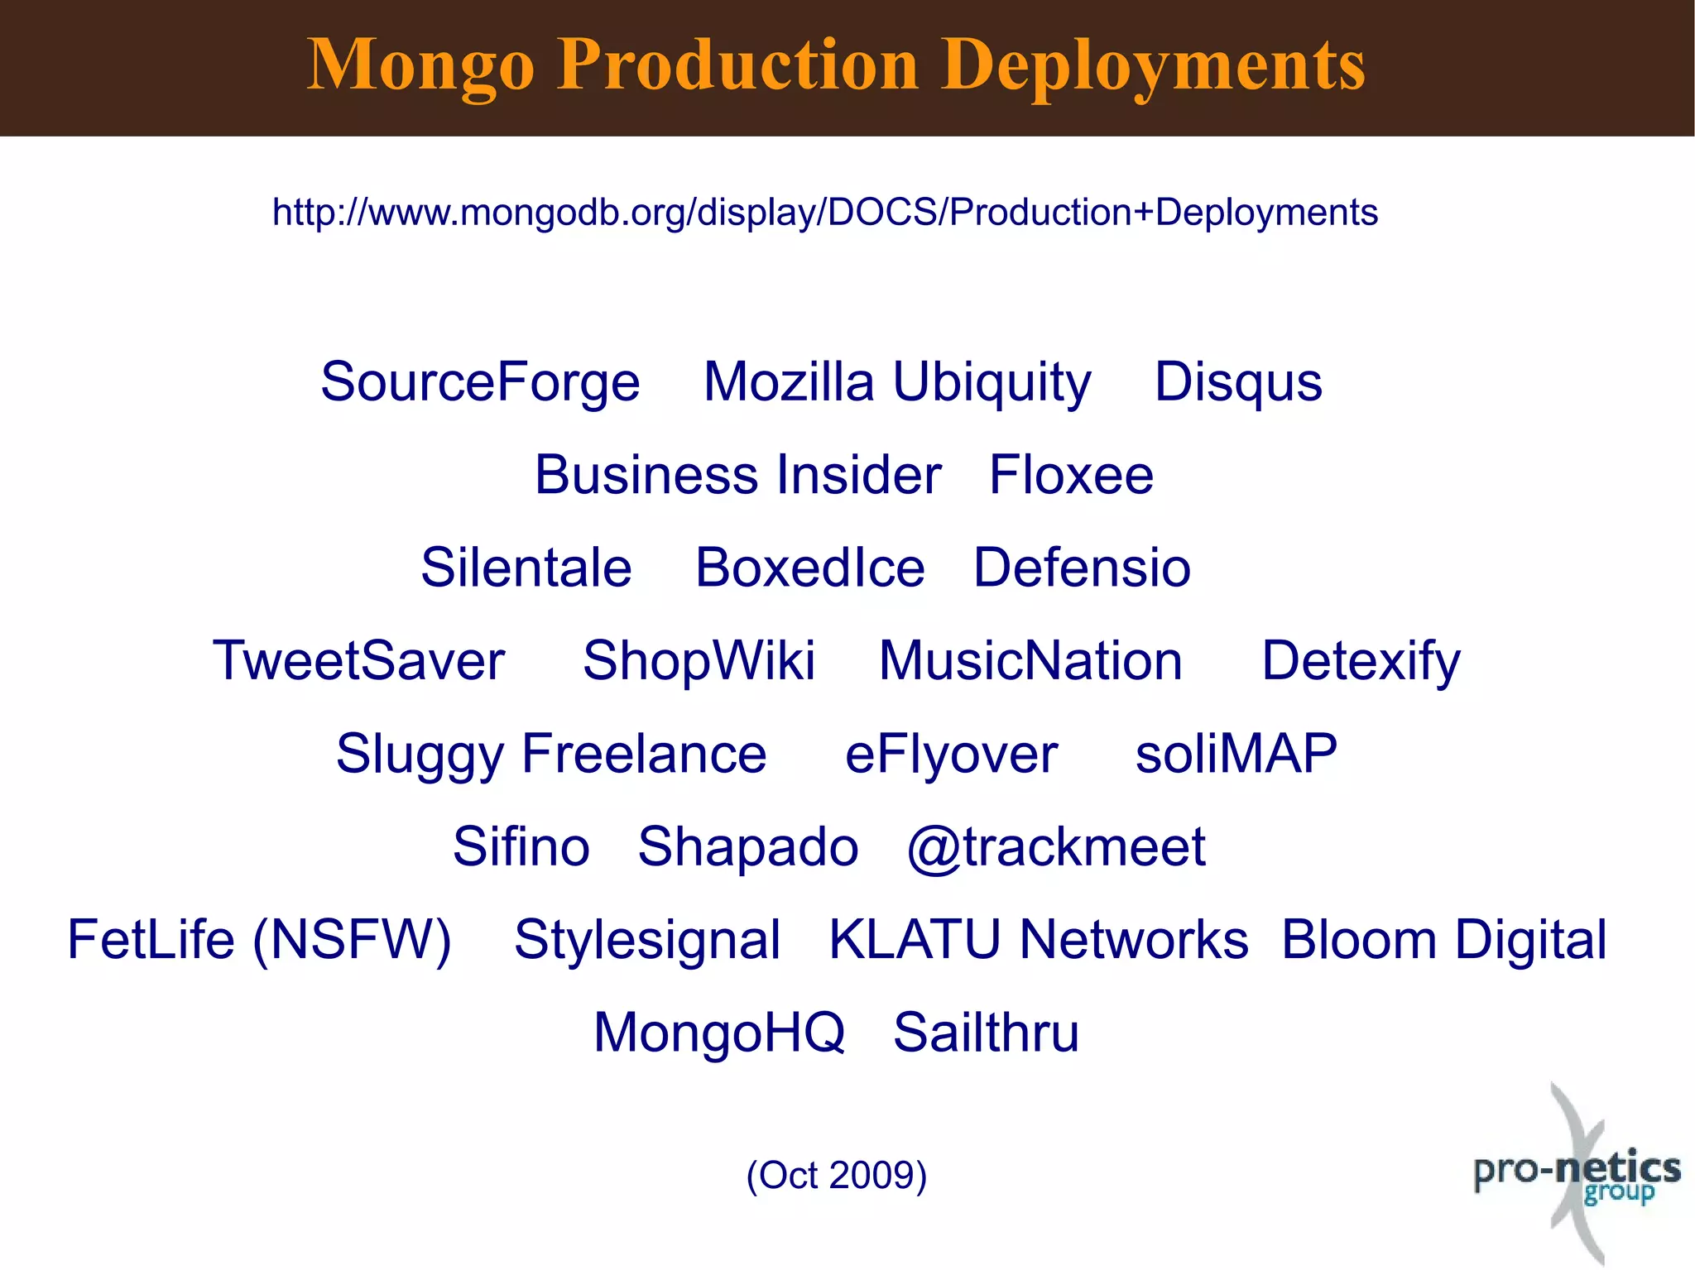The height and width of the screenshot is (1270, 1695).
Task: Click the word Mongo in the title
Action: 420,66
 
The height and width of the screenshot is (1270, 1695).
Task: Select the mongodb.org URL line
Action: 824,213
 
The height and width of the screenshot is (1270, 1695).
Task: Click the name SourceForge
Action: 480,382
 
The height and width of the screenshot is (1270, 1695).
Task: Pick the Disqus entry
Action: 1238,382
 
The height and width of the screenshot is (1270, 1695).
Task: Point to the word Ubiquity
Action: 992,384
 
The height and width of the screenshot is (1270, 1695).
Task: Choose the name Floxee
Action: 1071,475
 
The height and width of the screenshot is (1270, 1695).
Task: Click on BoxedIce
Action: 809,568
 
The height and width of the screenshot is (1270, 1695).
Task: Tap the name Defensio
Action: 1082,568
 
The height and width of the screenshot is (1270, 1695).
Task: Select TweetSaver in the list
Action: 358,661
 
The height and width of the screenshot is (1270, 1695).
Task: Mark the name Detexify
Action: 1361,661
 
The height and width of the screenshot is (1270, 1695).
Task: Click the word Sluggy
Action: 420,755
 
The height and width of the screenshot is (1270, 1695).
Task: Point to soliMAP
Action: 1236,754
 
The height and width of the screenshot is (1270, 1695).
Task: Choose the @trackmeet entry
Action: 1056,847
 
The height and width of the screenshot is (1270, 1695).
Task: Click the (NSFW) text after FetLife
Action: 352,940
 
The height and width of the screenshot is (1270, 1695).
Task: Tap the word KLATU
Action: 915,940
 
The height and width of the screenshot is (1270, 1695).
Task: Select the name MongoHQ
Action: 719,1033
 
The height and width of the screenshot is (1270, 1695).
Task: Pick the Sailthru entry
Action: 986,1033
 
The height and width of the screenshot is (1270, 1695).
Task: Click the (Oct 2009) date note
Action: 836,1175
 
